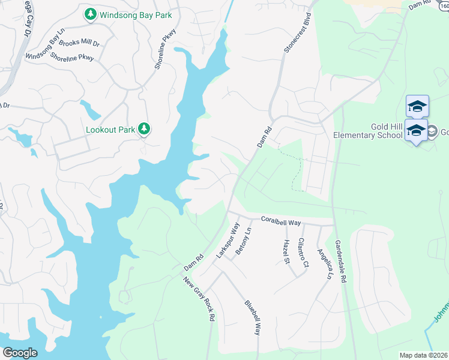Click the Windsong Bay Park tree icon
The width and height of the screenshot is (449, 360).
point(90,13)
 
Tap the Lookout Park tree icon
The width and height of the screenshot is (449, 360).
point(144,128)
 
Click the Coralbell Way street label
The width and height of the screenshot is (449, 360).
point(281,222)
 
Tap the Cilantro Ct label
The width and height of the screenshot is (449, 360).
point(304,253)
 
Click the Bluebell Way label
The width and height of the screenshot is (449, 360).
point(253,317)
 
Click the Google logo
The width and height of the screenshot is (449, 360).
point(20,352)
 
